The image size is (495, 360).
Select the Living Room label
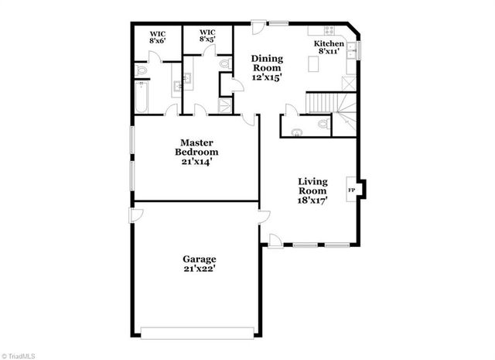(312, 187)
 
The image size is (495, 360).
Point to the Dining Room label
(268, 68)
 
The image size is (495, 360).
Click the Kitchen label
(329, 44)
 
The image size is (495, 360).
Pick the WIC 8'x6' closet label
(157, 35)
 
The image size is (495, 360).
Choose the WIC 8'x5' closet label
(207, 35)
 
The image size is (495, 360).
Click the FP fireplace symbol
(351, 189)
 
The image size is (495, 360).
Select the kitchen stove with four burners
(324, 31)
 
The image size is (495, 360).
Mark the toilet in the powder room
(323, 123)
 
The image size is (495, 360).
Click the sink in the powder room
(297, 132)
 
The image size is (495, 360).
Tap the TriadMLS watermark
(19, 355)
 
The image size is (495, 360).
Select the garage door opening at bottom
(198, 334)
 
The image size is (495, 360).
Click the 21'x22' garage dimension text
(199, 269)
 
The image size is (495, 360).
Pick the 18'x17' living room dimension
(312, 199)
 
